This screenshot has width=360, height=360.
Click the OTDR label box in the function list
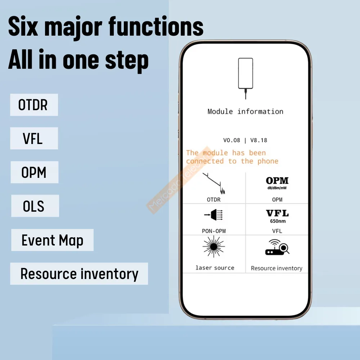pos(34,105)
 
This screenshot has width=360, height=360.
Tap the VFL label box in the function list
pos(34,138)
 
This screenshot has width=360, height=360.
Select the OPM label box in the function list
pos(35,172)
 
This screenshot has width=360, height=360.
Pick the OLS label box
pos(35,206)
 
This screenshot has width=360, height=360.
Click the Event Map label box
pos(52,240)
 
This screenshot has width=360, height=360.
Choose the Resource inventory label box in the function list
pos(79,274)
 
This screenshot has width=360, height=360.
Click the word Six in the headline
pos(23,26)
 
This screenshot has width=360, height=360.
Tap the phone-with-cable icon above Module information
pos(246,78)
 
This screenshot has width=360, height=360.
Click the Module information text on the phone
pos(246,112)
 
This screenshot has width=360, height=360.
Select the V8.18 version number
pos(259,140)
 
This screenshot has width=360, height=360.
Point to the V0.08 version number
pos(231,140)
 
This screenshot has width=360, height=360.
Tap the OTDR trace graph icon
pos(214,184)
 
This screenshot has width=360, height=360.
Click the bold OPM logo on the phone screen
pos(277,181)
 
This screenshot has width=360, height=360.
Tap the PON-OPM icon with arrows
pos(213,215)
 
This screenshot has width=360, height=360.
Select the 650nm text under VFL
pos(278,221)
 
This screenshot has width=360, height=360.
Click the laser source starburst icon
pos(214,247)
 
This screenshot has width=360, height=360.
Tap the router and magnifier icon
pos(277,247)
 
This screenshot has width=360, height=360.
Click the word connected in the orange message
pos(205,161)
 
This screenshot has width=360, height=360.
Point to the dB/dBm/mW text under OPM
pos(277,188)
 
